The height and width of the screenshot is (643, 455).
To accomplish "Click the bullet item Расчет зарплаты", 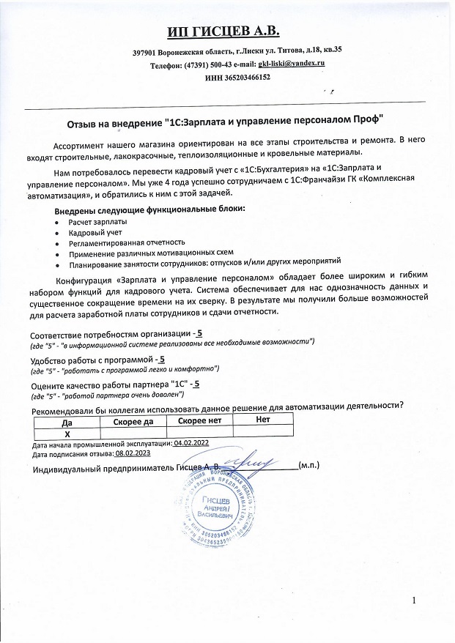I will pos(97,221).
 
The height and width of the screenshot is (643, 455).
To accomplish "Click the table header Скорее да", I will pos(134,421).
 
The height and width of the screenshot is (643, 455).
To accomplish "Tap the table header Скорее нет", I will pos(200,421).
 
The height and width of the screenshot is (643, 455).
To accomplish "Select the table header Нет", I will pos(262,420).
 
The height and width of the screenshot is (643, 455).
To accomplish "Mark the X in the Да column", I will pos(67,433).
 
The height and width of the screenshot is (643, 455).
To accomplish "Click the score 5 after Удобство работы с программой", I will pos(162,360).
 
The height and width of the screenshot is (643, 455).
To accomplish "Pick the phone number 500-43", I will pos(217,64).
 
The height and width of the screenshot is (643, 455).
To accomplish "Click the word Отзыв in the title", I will pos(82,119).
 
